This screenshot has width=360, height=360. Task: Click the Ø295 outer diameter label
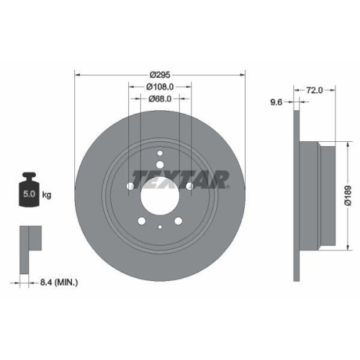[159, 74]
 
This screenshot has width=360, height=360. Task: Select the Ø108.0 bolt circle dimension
[159, 87]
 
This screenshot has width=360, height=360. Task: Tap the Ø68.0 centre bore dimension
[159, 99]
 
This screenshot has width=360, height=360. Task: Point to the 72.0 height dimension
[313, 91]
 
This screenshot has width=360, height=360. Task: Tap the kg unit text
[46, 194]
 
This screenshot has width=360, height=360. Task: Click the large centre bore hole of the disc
[159, 194]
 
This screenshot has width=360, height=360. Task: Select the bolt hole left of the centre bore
[130, 187]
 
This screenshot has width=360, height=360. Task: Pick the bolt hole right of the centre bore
[189, 187]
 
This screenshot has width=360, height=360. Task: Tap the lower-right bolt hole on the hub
[178, 221]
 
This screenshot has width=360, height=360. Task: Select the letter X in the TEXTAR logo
[167, 177]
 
